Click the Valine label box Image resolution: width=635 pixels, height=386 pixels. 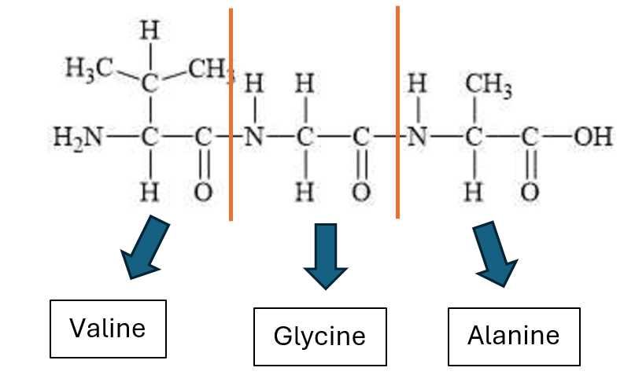coord(108,328)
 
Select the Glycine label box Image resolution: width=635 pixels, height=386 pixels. coord(319,336)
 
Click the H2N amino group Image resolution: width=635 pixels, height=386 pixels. coord(77,138)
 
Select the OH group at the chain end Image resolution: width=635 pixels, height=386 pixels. coord(592,138)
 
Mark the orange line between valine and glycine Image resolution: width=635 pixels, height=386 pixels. coord(231,114)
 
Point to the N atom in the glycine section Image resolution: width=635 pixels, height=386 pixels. coord(253,138)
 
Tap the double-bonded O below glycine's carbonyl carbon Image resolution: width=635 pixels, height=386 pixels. coord(362,193)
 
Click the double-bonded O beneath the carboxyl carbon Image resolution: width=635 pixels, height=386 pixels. coord(530,193)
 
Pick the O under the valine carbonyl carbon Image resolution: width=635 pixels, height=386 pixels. coord(203,193)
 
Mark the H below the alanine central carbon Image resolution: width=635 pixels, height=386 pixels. coord(473,193)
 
